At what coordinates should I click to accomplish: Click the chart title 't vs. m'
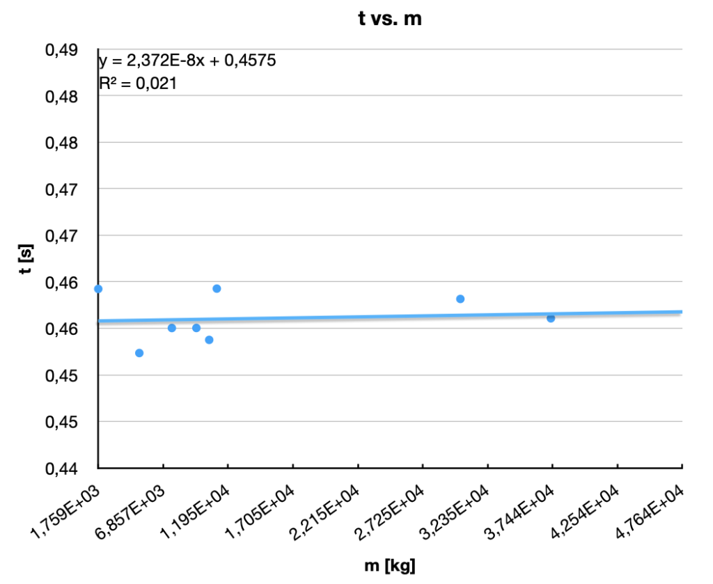click(390, 19)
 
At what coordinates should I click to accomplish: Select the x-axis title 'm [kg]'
click(389, 565)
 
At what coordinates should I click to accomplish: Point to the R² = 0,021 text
click(138, 84)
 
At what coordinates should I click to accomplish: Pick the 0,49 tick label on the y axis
click(61, 50)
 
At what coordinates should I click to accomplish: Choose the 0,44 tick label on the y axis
click(61, 468)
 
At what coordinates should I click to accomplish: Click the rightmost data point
click(551, 318)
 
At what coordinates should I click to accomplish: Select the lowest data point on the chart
click(139, 353)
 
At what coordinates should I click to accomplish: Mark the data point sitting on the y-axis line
click(98, 289)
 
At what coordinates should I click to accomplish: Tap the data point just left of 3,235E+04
click(460, 299)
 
